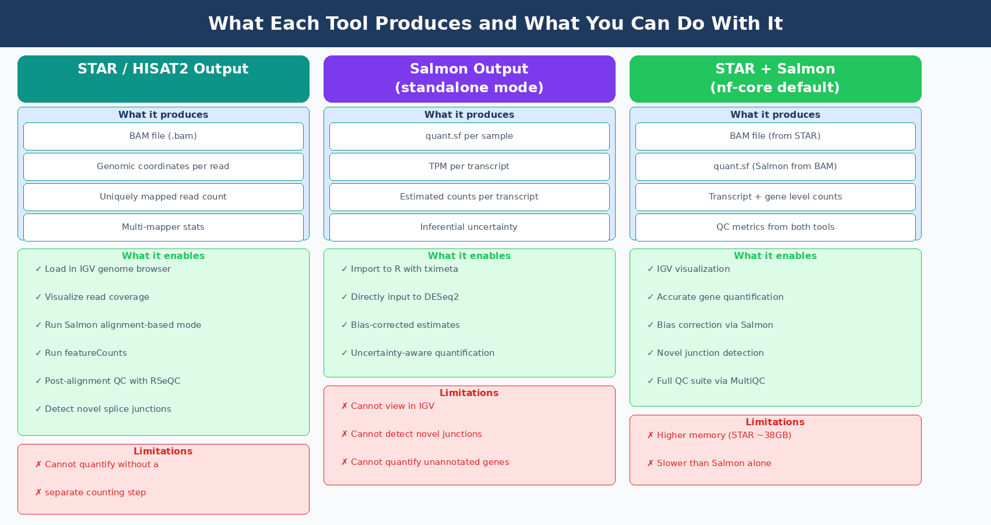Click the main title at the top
495,23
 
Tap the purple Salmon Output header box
469,78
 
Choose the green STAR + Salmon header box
775,78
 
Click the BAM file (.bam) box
163,136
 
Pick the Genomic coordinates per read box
163,166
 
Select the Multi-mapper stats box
163,227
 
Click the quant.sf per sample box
469,136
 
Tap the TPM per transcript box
469,166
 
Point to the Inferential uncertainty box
469,227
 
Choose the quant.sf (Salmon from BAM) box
775,166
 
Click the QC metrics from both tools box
775,227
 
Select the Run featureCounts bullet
86,353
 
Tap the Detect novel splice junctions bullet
108,409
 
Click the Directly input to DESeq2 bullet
405,297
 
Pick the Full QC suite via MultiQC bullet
711,381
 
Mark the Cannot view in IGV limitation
392,406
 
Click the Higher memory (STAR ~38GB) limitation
723,435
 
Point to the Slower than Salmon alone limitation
714,463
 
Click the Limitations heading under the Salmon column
469,393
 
